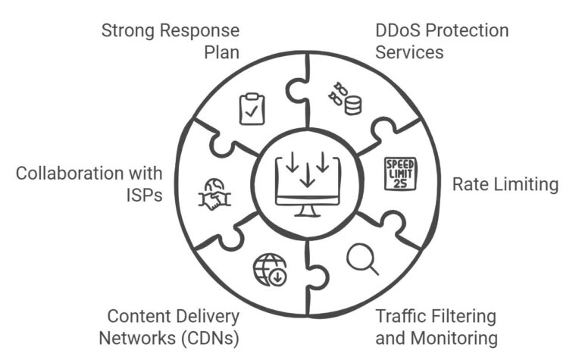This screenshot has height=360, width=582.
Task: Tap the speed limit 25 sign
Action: tap(400, 174)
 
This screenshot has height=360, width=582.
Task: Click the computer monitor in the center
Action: tap(306, 182)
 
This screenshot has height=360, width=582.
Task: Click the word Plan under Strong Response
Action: tap(221, 52)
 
